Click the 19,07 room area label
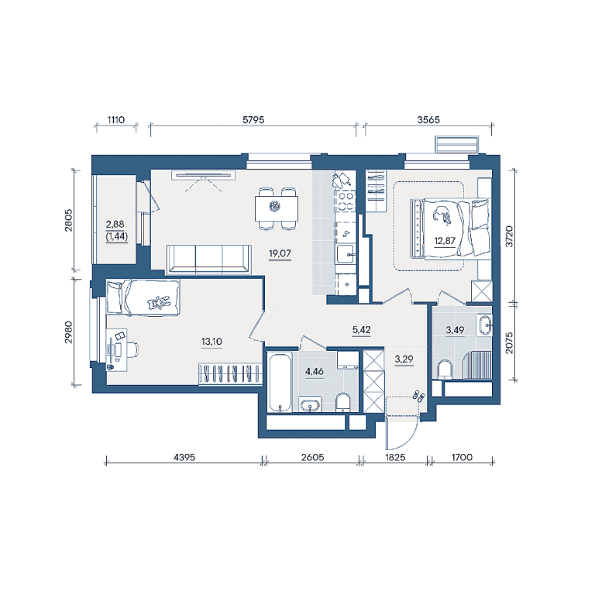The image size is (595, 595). [x=280, y=253]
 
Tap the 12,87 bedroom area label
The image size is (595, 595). [x=445, y=241]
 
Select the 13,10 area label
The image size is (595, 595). [x=212, y=342]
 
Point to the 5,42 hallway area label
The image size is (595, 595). [x=361, y=330]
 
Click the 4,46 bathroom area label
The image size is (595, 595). [x=315, y=372]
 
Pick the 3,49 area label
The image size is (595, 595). [x=455, y=330]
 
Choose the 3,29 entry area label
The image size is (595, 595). [x=404, y=359]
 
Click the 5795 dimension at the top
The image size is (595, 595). [x=253, y=120]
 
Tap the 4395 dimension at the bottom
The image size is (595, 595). [x=184, y=457]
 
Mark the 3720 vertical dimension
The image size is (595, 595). [x=509, y=236]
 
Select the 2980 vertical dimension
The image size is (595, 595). [x=68, y=332]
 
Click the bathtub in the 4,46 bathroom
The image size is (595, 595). [x=280, y=382]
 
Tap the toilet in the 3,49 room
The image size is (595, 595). [x=445, y=370]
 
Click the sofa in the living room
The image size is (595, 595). [x=208, y=259]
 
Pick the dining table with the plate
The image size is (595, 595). [x=277, y=208]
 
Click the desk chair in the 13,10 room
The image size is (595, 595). [x=131, y=349]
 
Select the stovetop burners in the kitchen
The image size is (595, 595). [x=346, y=201]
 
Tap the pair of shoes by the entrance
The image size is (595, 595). [x=419, y=395]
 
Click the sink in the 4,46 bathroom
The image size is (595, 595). [x=311, y=405]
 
